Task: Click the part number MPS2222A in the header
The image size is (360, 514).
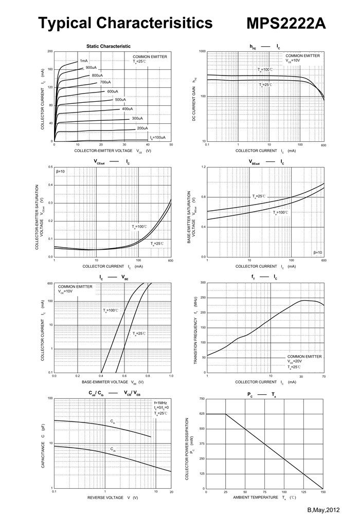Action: click(286, 24)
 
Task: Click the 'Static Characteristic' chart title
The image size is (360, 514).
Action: click(108, 46)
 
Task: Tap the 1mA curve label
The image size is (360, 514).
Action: click(83, 61)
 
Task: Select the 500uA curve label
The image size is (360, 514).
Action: click(120, 99)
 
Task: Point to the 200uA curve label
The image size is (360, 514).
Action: click(142, 128)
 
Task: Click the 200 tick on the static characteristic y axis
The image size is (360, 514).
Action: click(49, 51)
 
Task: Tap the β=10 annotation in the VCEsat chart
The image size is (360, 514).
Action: click(61, 171)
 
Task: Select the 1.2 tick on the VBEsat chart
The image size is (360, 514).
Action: click(203, 167)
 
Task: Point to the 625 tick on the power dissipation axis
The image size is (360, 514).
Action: click(202, 414)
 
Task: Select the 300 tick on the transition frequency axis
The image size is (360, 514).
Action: click(202, 283)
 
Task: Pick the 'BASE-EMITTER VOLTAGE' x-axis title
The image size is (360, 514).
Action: click(105, 382)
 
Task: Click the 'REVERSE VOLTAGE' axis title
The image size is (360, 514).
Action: click(105, 498)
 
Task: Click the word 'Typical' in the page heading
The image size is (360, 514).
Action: click(65, 23)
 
